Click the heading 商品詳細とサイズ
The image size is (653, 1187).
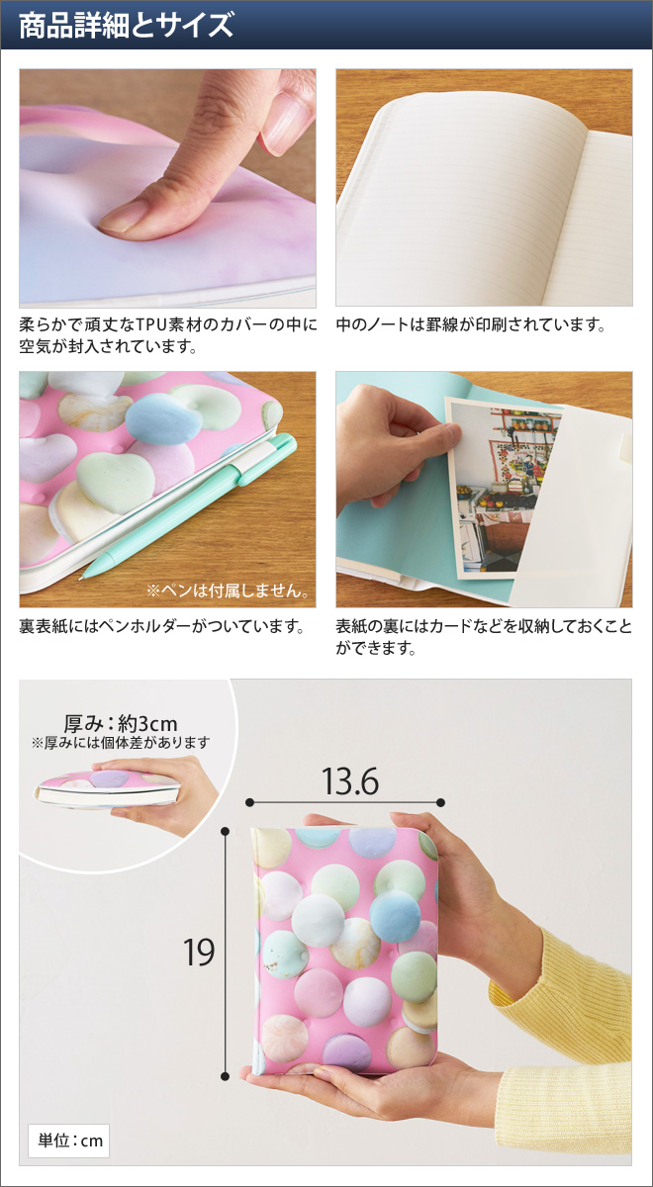(x=126, y=25)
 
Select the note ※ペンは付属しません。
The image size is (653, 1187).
(x=228, y=591)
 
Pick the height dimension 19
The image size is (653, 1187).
(x=199, y=952)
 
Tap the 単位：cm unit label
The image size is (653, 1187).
(x=68, y=1141)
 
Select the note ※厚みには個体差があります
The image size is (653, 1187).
(x=121, y=743)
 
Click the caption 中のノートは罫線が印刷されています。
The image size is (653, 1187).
(x=471, y=324)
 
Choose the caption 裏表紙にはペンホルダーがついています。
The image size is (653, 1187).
(x=160, y=627)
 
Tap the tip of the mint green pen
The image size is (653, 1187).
(x=85, y=573)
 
